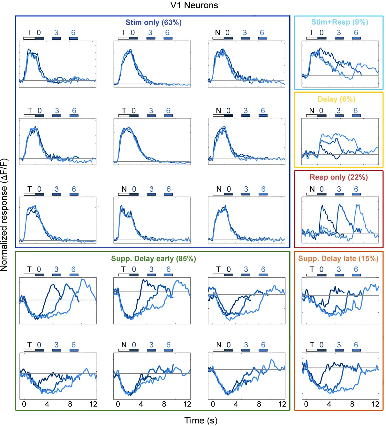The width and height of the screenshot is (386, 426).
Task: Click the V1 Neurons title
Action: click(194, 5)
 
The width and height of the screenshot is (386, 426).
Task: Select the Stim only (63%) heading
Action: click(153, 22)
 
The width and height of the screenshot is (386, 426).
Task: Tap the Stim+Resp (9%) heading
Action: click(340, 22)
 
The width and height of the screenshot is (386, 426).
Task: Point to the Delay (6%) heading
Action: click(337, 99)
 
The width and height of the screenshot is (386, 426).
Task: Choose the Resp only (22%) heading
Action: click(339, 177)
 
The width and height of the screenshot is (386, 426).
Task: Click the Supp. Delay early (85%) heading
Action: click(154, 259)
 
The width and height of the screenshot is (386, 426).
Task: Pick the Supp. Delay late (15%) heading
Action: click(338, 259)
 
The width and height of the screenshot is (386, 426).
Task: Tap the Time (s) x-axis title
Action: click(201, 420)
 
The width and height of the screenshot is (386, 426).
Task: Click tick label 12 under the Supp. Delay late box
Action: click(375, 404)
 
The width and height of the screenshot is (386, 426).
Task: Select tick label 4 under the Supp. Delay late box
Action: click(329, 404)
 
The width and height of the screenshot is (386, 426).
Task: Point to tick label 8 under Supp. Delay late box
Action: click(352, 404)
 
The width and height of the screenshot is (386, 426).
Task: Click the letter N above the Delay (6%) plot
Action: click(312, 111)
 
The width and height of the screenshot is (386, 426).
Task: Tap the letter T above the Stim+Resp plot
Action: click(312, 33)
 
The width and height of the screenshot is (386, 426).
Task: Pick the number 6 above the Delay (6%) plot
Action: click(356, 111)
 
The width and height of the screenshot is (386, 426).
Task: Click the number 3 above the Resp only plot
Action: click(339, 189)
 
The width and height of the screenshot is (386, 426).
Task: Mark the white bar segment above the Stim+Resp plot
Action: click(312, 38)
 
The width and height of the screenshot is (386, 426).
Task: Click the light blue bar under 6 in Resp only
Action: click(356, 194)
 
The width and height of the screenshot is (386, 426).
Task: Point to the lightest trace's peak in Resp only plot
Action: click(358, 205)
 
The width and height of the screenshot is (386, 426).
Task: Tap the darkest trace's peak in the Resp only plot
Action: click(322, 206)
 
